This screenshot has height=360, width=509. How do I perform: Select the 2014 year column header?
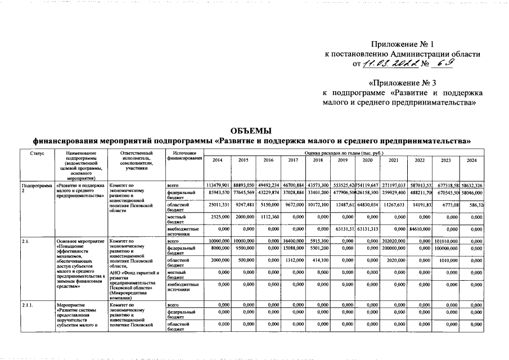tap(217, 161)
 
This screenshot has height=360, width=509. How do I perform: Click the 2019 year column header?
tap(343, 161)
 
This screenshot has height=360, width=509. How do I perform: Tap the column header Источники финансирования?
tap(184, 156)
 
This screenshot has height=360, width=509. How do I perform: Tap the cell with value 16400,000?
tap(293, 241)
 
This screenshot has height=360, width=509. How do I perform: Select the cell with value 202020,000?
tap(393, 241)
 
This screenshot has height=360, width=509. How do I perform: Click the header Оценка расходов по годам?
tap(344, 152)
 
